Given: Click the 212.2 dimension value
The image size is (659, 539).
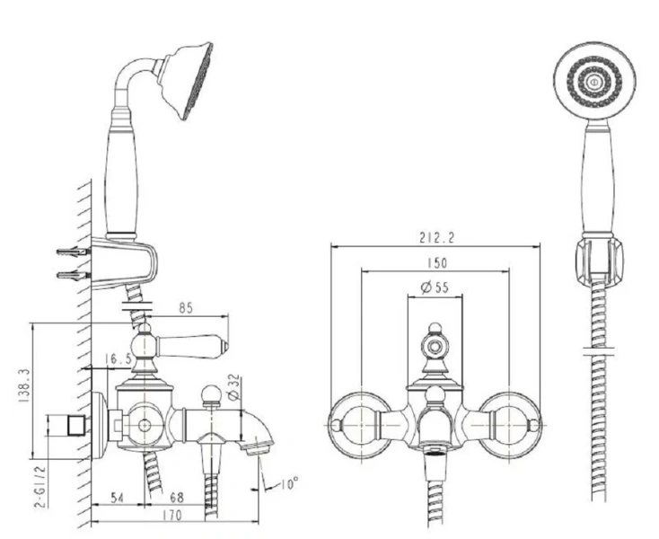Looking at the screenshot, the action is [436, 238].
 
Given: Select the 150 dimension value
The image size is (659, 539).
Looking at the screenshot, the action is [437, 263].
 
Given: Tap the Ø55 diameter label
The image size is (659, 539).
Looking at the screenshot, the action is [435, 287].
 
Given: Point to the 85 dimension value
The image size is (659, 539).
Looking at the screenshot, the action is [185, 308].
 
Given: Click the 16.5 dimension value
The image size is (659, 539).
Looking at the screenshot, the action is [119, 358].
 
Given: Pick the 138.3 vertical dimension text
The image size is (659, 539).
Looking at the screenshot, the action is [24, 386].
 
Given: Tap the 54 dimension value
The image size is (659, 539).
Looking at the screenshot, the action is [118, 498].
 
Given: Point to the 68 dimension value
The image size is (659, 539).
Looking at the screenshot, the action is [177, 498].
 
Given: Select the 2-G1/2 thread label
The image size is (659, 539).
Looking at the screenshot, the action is [40, 486].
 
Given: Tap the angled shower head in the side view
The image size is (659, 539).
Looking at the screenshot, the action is [185, 80].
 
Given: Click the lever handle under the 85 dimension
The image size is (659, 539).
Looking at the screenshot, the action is [191, 347].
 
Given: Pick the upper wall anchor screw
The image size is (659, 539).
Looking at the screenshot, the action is [73, 252].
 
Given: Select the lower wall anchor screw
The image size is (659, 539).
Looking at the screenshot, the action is [73, 276].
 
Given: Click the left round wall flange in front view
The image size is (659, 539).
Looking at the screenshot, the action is [361, 425].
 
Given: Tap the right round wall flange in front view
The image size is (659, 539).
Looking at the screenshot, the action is [509, 425].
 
